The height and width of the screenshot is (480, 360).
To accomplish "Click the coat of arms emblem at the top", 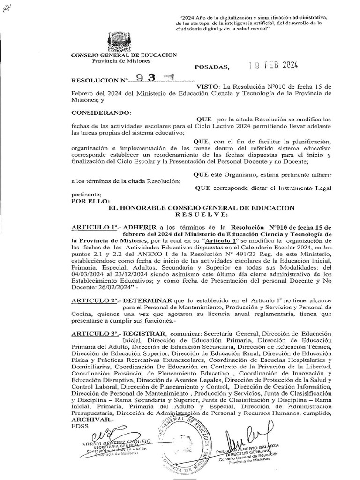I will [123, 42].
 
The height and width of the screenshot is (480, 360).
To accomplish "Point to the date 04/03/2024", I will [90, 274].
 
